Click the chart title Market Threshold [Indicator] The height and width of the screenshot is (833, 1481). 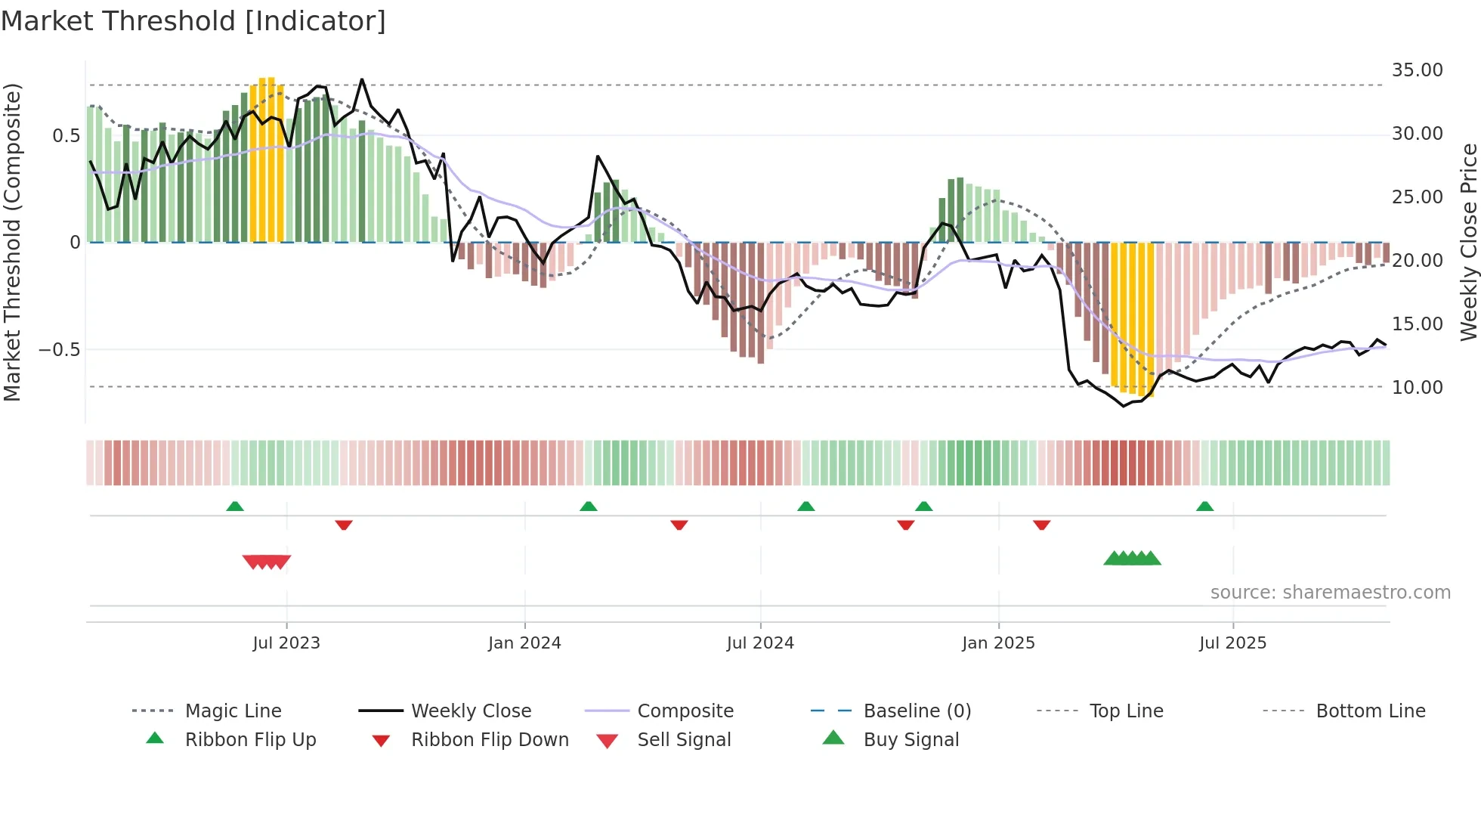pyautogui.click(x=193, y=21)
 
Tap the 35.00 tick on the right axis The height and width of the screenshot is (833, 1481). pyautogui.click(x=1417, y=70)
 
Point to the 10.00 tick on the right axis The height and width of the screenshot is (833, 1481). pyautogui.click(x=1417, y=388)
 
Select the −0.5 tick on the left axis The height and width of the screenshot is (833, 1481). pyautogui.click(x=59, y=350)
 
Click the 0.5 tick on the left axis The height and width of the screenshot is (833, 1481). pyautogui.click(x=66, y=136)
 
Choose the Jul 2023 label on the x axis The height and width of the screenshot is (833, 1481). pyautogui.click(x=286, y=643)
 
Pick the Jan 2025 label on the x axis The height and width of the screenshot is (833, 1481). pyautogui.click(x=998, y=643)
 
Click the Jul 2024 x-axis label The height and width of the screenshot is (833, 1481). pyautogui.click(x=760, y=643)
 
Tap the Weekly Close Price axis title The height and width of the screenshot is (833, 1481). pyautogui.click(x=1468, y=242)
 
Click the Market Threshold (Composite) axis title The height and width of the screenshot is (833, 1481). pyautogui.click(x=12, y=242)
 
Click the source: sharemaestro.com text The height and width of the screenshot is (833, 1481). pyautogui.click(x=1330, y=593)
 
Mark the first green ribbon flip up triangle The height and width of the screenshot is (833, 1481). pyautogui.click(x=235, y=506)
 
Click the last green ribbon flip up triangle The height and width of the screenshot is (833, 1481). pyautogui.click(x=1204, y=506)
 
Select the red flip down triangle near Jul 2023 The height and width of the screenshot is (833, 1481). pyautogui.click(x=344, y=525)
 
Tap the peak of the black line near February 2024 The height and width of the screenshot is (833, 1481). pyautogui.click(x=598, y=156)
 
